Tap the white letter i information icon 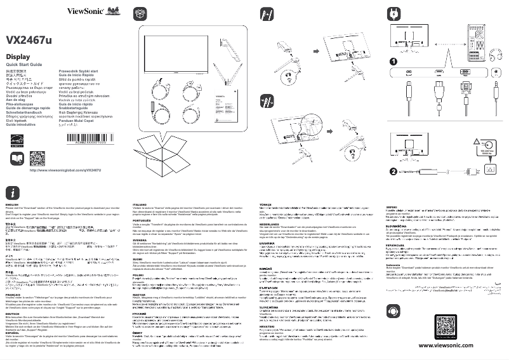pyautogui.click(x=13, y=192)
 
